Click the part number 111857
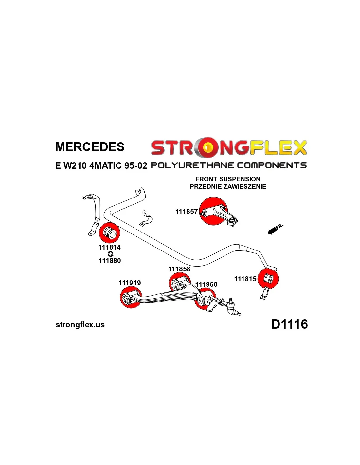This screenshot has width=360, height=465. click(187, 212)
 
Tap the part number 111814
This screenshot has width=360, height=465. click(109, 247)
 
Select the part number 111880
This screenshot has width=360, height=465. click(110, 261)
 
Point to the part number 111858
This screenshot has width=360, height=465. click(179, 269)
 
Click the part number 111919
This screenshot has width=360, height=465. click(130, 283)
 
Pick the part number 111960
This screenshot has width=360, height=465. click(206, 284)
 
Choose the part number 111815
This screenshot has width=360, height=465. click(245, 279)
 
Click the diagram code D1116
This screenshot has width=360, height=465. click(289, 324)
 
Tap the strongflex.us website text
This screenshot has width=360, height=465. click(80, 325)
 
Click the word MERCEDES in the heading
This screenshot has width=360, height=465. click(90, 147)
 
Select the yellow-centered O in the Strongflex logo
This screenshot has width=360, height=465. click(207, 148)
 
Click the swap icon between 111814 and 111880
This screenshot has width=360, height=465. click(111, 254)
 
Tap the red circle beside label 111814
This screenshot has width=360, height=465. click(109, 232)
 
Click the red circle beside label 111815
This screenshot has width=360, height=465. click(268, 279)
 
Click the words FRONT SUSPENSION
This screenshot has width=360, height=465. click(228, 179)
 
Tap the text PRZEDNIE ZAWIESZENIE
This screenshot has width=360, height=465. click(228, 186)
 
